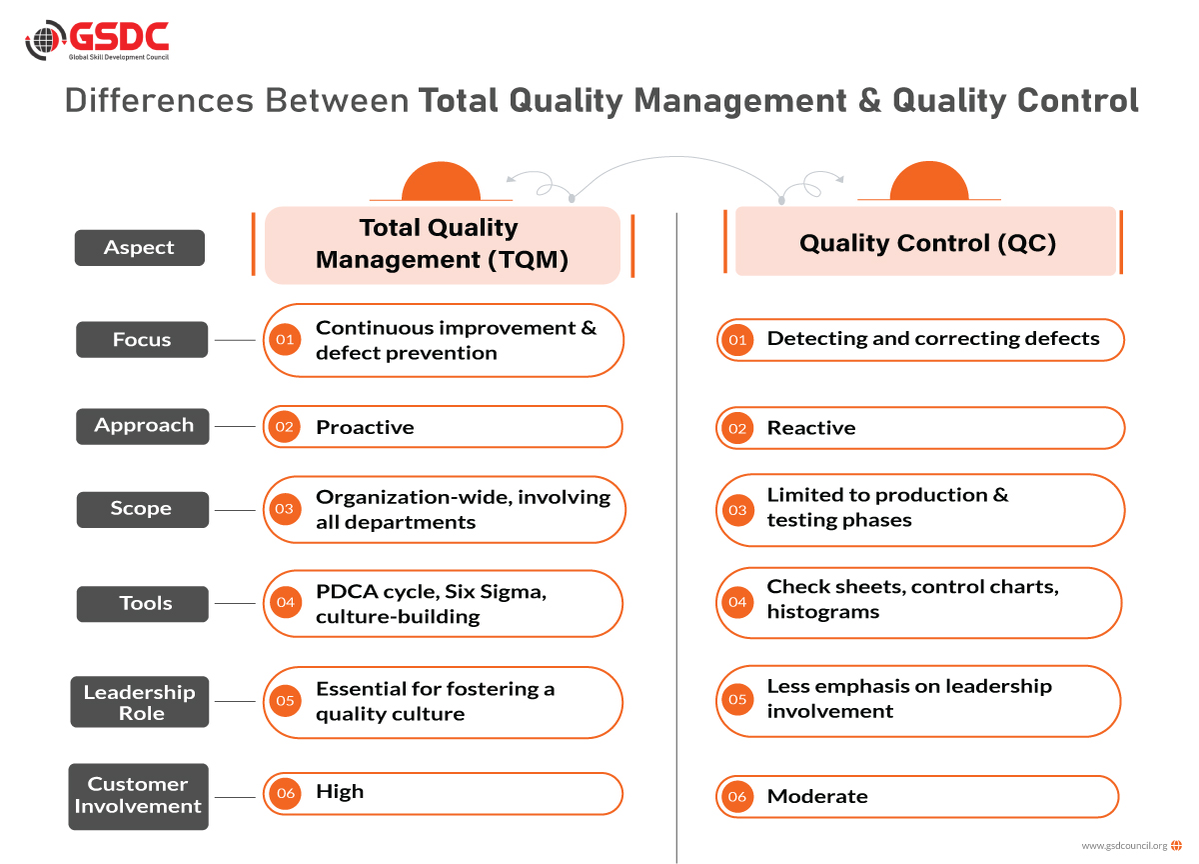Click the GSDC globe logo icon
coord(46,40)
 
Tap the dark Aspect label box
coord(140,247)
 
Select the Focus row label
coord(142,340)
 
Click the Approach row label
coord(143,426)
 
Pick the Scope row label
coord(143,509)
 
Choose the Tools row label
coord(143,604)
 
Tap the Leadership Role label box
coord(140,702)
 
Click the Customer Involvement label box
coord(139,797)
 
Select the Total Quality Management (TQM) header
coord(443,245)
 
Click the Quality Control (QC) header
coord(926,242)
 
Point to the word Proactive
coord(365,427)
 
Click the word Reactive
coord(811,428)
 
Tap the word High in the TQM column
coord(340,792)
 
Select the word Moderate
coord(817,797)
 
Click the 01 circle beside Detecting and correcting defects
coord(737,340)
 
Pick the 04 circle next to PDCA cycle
coord(286,602)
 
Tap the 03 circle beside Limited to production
coord(737,510)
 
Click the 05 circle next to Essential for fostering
coord(285,701)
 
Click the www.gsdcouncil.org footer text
coord(1124,846)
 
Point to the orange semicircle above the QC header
coord(929,181)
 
